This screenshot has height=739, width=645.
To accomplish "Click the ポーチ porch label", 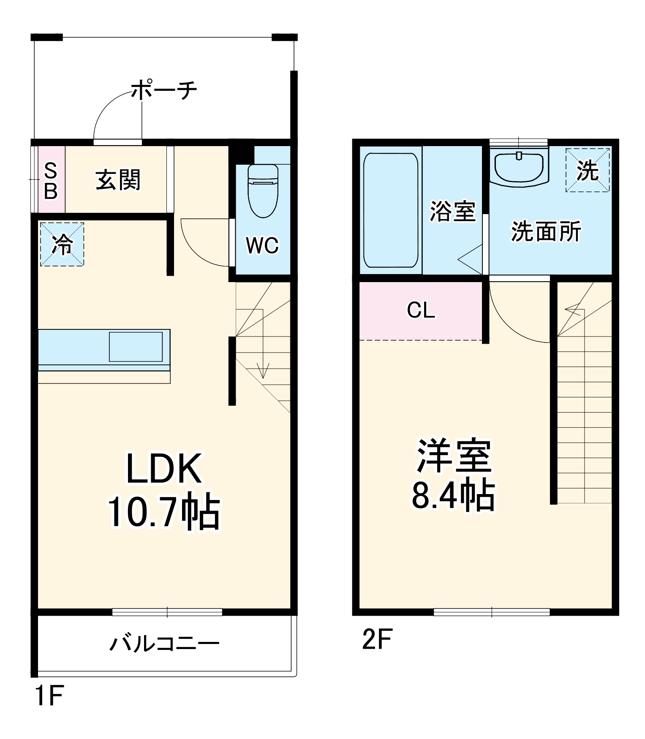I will pyautogui.click(x=163, y=90).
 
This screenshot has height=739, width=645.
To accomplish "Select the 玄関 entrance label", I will pyautogui.click(x=118, y=180).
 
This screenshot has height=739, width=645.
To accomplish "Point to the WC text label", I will pyautogui.click(x=262, y=245).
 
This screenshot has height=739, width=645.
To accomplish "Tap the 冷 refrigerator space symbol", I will pyautogui.click(x=62, y=245).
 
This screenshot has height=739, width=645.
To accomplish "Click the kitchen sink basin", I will pyautogui.click(x=136, y=347).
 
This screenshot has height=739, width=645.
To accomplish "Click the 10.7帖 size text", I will pyautogui.click(x=164, y=512).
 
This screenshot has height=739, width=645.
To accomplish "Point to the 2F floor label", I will pyautogui.click(x=377, y=639).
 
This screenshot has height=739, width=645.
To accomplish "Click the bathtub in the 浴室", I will pyautogui.click(x=391, y=210).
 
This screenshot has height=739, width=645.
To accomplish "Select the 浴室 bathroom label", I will pyautogui.click(x=452, y=211).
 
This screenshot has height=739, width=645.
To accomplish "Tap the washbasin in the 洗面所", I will pyautogui.click(x=519, y=168).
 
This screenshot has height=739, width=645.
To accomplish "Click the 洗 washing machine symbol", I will pyautogui.click(x=588, y=170).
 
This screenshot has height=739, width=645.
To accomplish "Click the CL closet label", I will pyautogui.click(x=421, y=310).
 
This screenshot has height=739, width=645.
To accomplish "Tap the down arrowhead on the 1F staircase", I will pyautogui.click(x=264, y=374).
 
